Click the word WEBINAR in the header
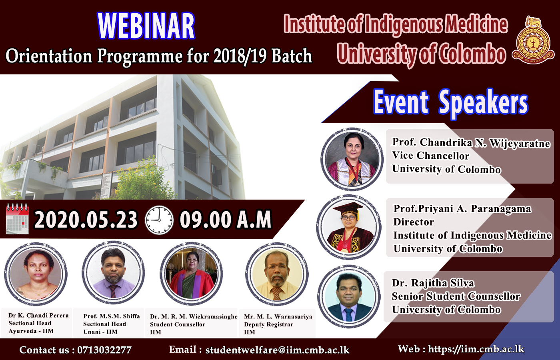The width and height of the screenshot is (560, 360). tap(146, 26)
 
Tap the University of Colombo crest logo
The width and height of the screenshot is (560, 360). tap(533, 40)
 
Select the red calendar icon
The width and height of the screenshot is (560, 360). tap(17, 219)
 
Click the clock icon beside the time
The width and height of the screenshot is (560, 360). tap(159, 220)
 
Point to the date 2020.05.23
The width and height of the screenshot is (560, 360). tap(86, 220)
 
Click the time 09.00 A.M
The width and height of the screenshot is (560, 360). tap(226, 220)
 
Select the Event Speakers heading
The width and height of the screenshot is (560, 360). tap(450, 102)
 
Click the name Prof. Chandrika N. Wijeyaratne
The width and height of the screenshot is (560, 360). tap(471, 143)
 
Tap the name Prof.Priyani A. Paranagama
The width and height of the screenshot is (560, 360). tap(462, 209)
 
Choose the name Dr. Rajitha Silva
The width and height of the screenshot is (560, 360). tap(433, 283)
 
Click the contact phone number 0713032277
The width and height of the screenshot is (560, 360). tap(104, 350)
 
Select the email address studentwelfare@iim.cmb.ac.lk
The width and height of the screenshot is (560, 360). tap(277, 350)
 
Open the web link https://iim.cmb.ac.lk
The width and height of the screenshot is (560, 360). tap(476, 349)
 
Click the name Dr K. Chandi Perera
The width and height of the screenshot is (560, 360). tap(38, 316)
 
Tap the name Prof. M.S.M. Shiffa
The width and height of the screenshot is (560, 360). tap(112, 316)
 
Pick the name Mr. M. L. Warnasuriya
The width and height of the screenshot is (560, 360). tap(278, 317)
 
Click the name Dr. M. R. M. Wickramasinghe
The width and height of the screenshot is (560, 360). tap(194, 317)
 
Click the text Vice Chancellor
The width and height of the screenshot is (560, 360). tap(430, 156)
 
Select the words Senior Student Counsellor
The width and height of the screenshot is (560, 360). tap(456, 296)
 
